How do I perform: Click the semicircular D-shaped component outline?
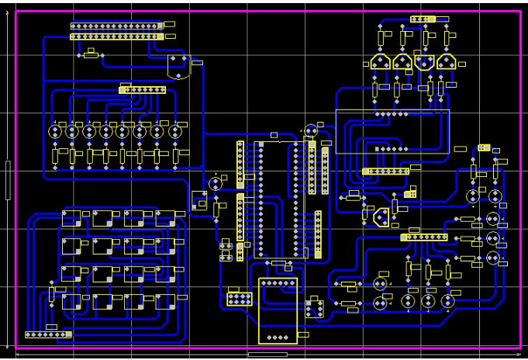(178, 67)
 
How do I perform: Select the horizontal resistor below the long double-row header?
(93, 54)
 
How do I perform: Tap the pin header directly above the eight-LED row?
(142, 90)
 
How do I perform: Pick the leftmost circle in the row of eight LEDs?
(56, 132)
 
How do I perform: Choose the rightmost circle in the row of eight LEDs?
(174, 132)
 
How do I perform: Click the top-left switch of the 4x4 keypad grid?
(70, 219)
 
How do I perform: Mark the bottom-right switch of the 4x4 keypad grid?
(164, 301)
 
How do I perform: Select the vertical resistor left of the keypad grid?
(52, 294)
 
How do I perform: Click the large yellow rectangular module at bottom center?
(278, 310)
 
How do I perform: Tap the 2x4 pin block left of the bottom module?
(239, 298)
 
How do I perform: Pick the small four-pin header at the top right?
(424, 19)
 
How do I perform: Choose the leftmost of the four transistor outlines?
(380, 62)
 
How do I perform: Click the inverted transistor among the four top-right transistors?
(423, 62)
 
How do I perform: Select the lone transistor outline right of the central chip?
(380, 216)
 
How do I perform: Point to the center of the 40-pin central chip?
(277, 200)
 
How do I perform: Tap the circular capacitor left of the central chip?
(216, 183)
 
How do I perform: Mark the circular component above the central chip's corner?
(311, 131)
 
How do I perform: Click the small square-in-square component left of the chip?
(200, 199)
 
